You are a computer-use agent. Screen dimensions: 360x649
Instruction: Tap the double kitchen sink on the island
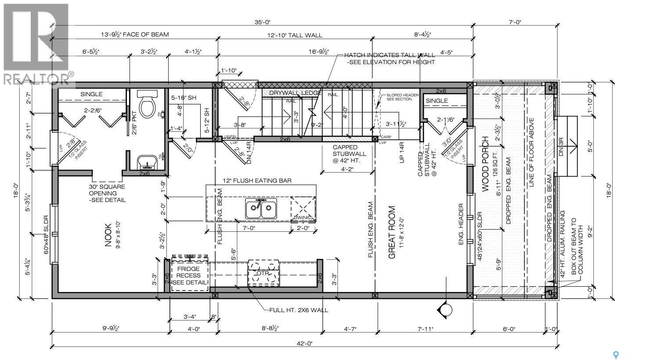click(261, 209)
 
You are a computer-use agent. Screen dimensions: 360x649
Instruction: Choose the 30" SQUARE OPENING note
click(107, 193)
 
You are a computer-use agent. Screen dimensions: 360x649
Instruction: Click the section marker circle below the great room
click(446, 310)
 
